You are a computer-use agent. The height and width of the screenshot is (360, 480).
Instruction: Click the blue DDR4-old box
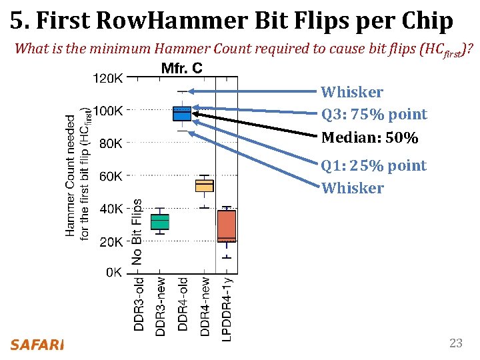pos(182,113)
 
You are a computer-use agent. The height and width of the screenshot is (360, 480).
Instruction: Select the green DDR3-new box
pos(160,221)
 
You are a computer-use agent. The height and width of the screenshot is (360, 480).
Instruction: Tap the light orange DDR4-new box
pos(204,185)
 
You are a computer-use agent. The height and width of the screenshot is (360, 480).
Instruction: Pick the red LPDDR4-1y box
pos(227,226)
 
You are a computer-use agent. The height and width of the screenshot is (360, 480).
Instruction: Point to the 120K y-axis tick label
pos(107,78)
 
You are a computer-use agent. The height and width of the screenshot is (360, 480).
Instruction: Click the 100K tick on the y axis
pos(107,110)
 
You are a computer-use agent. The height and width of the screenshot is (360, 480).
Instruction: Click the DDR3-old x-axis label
pos(138,304)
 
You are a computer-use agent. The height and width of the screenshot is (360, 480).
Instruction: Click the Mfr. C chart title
pos(182,67)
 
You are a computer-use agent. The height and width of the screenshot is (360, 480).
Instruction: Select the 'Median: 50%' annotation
pos(369,138)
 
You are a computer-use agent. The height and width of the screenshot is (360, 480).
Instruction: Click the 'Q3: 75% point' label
pos(374,114)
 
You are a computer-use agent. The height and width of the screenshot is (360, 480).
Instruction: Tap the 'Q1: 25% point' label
pos(373,165)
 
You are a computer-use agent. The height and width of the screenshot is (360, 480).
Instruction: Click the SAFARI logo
pos(37,345)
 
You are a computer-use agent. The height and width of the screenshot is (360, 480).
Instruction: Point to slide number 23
pos(456,343)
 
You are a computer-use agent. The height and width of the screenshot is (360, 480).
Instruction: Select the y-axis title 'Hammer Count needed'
pos(71,173)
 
